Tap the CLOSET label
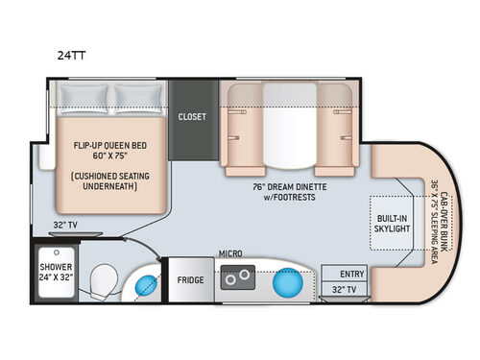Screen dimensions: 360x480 [192, 116]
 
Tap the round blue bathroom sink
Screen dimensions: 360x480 [144, 284]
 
